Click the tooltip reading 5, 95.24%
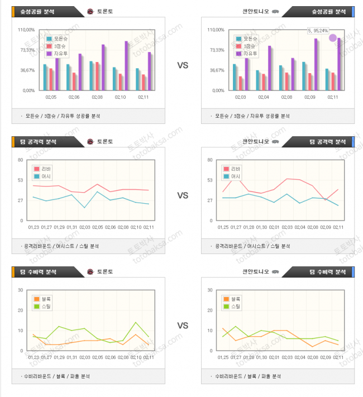pyautogui.click(x=318, y=31)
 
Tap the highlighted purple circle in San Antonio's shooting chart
pyautogui.click(x=333, y=38)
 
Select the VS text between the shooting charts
pyautogui.click(x=183, y=65)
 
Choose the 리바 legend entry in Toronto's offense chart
pyautogui.click(x=44, y=169)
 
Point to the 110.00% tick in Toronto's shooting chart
pyautogui.click(x=27, y=30)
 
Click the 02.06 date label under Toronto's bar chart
pyautogui.click(x=74, y=97)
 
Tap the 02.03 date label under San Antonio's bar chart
pyautogui.click(x=240, y=97)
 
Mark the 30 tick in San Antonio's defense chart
pyautogui.click(x=211, y=290)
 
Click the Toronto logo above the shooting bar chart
pyautogui.click(x=90, y=11)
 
